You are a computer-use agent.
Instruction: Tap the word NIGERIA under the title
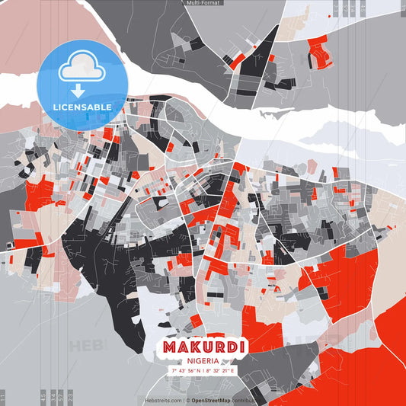pyautogui.click(x=203, y=360)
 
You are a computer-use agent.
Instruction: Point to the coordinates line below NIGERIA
pyautogui.click(x=203, y=371)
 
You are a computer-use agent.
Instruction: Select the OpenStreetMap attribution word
pyautogui.click(x=212, y=400)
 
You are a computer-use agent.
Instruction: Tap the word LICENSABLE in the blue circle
pyautogui.click(x=83, y=107)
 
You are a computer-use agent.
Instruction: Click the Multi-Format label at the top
pyautogui.click(x=203, y=3)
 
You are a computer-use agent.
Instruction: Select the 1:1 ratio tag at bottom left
pyautogui.click(x=3, y=396)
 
